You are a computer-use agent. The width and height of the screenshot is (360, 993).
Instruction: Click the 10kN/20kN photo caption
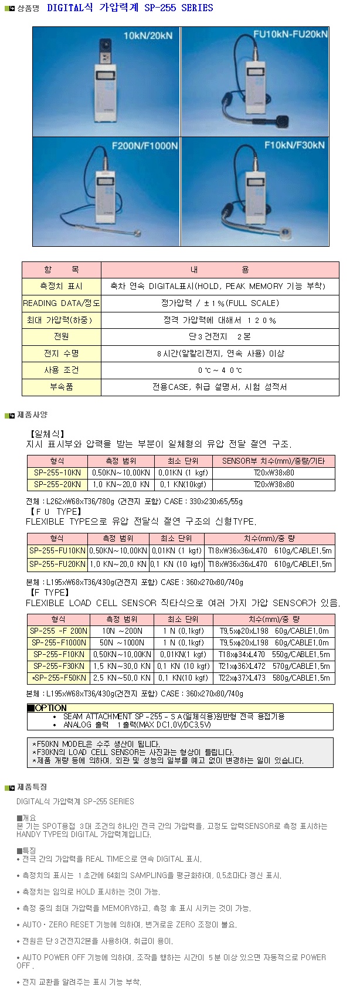click(x=148, y=36)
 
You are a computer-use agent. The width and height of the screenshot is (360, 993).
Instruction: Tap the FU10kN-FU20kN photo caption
click(x=290, y=34)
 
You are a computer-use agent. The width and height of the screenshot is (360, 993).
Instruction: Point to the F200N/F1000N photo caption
click(x=145, y=145)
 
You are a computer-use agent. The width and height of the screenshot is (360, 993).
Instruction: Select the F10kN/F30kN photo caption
click(x=294, y=145)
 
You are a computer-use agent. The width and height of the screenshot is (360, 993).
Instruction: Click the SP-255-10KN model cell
click(x=57, y=473)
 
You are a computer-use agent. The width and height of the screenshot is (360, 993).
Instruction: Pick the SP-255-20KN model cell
click(x=57, y=485)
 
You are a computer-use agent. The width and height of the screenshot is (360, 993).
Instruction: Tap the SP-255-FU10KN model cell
click(x=57, y=551)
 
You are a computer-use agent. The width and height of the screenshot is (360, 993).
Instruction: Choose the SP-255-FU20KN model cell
click(x=57, y=564)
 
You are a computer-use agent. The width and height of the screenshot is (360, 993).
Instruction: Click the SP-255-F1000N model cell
click(x=59, y=643)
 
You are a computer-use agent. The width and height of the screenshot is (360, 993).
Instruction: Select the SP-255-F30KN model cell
click(x=59, y=666)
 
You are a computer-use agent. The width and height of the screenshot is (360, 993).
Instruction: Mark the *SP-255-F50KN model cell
click(x=59, y=678)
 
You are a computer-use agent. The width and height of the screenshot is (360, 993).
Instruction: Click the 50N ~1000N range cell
click(x=122, y=643)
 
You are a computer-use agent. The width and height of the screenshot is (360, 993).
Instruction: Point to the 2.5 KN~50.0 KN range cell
click(x=122, y=678)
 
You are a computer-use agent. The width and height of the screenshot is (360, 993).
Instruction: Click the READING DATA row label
click(x=62, y=303)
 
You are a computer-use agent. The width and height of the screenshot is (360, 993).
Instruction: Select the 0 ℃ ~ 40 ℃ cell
click(x=220, y=370)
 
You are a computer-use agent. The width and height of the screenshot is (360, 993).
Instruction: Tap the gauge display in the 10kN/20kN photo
click(x=106, y=76)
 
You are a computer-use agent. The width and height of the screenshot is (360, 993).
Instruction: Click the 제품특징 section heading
click(x=32, y=787)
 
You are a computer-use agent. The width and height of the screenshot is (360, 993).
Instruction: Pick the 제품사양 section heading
click(x=32, y=415)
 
